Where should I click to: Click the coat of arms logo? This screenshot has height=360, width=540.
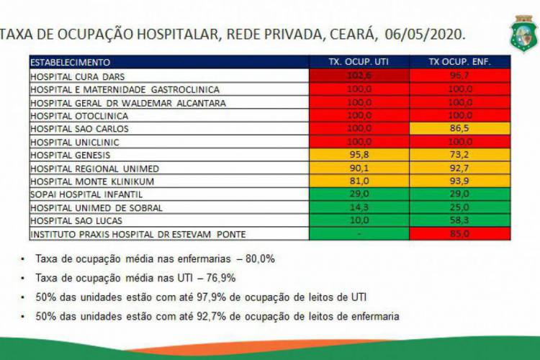(523, 34)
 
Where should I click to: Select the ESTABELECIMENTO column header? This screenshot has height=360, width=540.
(71, 62)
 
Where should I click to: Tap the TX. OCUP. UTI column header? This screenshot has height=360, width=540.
(359, 62)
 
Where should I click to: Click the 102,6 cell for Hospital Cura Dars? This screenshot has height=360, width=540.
(359, 76)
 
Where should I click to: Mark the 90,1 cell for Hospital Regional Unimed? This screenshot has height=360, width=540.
(359, 168)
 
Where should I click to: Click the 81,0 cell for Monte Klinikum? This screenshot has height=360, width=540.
(359, 181)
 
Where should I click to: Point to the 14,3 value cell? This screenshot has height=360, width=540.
(359, 208)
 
